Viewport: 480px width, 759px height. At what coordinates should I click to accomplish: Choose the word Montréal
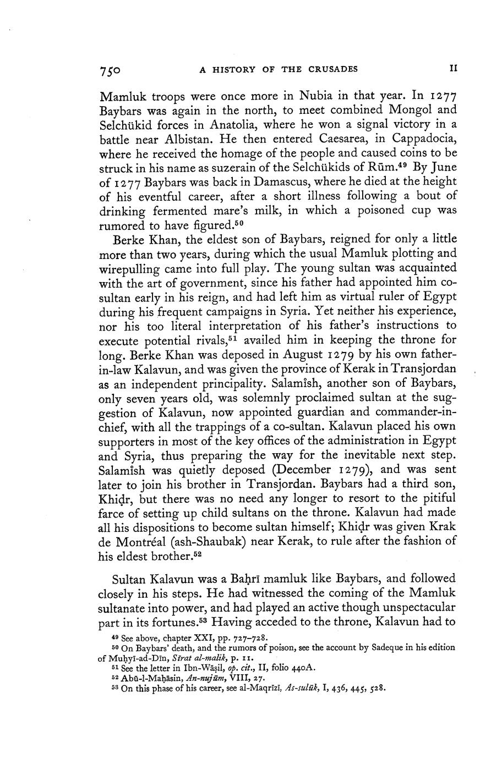pyautogui.click(x=149, y=541)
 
